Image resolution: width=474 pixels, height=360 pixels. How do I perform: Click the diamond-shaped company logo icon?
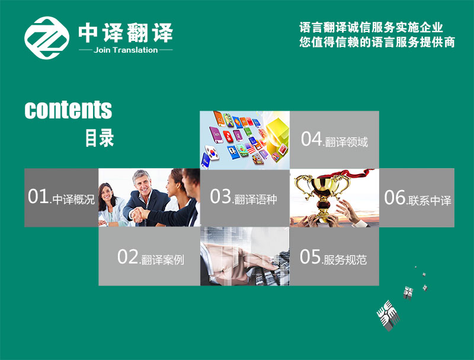pyautogui.click(x=47, y=38)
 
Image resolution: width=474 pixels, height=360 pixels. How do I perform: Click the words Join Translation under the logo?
pyautogui.click(x=126, y=50)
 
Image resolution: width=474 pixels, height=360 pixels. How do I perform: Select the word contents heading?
pyautogui.click(x=68, y=110)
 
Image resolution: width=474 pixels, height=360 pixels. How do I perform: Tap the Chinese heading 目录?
pyautogui.click(x=100, y=138)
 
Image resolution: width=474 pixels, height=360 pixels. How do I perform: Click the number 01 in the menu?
pyautogui.click(x=38, y=197)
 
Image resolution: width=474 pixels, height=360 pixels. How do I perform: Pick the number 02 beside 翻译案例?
pyautogui.click(x=127, y=257)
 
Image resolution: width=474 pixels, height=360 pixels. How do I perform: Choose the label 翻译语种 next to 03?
pyautogui.click(x=256, y=200)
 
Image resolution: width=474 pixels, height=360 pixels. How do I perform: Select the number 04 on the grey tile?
pyautogui.click(x=312, y=139)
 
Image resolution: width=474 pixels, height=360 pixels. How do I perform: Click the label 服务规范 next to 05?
pyautogui.click(x=345, y=260)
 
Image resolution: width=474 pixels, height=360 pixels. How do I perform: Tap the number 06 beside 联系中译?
pyautogui.click(x=395, y=198)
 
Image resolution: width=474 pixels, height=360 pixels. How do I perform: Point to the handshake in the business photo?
pyautogui.click(x=140, y=214)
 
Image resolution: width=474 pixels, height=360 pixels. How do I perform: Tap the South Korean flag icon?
pyautogui.click(x=212, y=152)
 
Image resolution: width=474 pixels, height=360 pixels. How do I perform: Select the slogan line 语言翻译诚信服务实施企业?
pyautogui.click(x=371, y=27)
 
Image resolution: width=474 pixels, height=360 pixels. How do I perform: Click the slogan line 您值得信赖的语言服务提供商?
pyautogui.click(x=377, y=42)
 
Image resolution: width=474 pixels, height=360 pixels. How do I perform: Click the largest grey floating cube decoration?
pyautogui.click(x=388, y=315)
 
